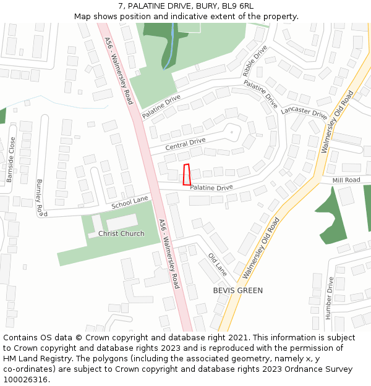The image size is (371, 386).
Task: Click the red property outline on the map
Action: point(187,175)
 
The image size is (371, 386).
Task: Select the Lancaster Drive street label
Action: point(304,112)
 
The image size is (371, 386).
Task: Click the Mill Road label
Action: point(346,180)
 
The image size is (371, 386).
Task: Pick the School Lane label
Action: point(130,202)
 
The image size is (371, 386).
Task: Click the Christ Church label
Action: point(121,233)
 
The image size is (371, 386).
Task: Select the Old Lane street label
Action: point(218,264)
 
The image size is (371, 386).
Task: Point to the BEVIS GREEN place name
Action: point(238,290)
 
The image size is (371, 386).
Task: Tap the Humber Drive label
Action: point(329,297)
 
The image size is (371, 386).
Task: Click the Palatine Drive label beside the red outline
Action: point(211,187)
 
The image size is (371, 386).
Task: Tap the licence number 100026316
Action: point(27,379)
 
